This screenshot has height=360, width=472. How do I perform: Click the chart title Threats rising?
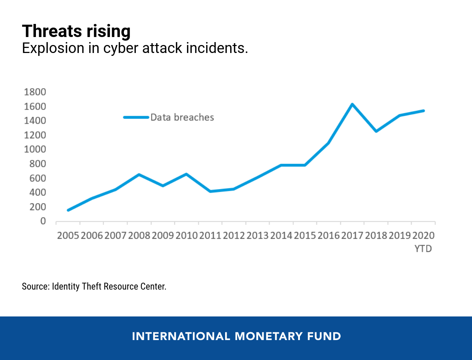pyautogui.click(x=76, y=31)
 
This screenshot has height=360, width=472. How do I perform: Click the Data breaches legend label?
pyautogui.click(x=182, y=118)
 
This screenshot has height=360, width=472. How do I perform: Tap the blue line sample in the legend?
pyautogui.click(x=136, y=117)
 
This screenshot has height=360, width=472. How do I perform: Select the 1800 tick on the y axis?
pyautogui.click(x=35, y=92)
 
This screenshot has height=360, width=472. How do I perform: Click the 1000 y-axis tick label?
pyautogui.click(x=35, y=149)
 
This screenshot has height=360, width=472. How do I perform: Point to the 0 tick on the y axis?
pyautogui.click(x=43, y=221)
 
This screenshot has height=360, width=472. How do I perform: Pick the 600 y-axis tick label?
pyautogui.click(x=38, y=178)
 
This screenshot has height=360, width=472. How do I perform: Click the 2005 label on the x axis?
pyautogui.click(x=68, y=236)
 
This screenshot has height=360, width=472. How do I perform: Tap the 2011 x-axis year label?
pyautogui.click(x=210, y=236)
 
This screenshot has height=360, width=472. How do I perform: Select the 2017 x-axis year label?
pyautogui.click(x=352, y=236)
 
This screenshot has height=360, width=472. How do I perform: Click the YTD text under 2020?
pyautogui.click(x=423, y=249)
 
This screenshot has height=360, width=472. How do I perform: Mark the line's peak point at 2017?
pyautogui.click(x=352, y=105)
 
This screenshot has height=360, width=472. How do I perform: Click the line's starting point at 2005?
pyautogui.click(x=68, y=210)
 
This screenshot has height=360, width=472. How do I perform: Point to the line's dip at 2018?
pyautogui.click(x=376, y=131)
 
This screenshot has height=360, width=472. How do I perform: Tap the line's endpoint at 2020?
pyautogui.click(x=423, y=111)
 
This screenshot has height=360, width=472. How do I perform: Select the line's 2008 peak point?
pyautogui.click(x=139, y=175)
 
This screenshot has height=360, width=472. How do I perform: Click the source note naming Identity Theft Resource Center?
pyautogui.click(x=94, y=287)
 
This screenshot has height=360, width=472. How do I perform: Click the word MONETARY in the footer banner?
pyautogui.click(x=269, y=336)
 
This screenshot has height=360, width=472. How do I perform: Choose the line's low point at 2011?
pyautogui.click(x=210, y=191)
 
